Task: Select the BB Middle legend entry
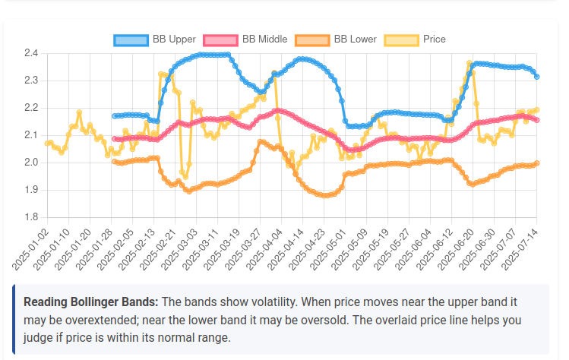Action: pyautogui.click(x=247, y=39)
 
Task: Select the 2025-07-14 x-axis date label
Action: pyautogui.click(x=520, y=246)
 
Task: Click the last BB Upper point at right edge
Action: pyautogui.click(x=536, y=77)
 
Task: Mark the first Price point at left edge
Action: pyautogui.click(x=47, y=144)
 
